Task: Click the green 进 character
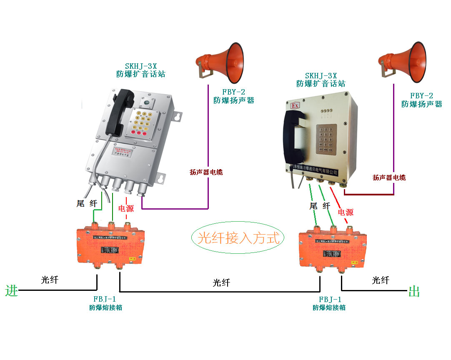[x=12, y=290]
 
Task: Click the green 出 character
[x=414, y=292]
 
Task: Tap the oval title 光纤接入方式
[x=238, y=238]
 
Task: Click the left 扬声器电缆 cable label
[x=206, y=172]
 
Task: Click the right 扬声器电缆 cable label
[x=389, y=177]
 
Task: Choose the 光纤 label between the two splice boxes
[x=221, y=283]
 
